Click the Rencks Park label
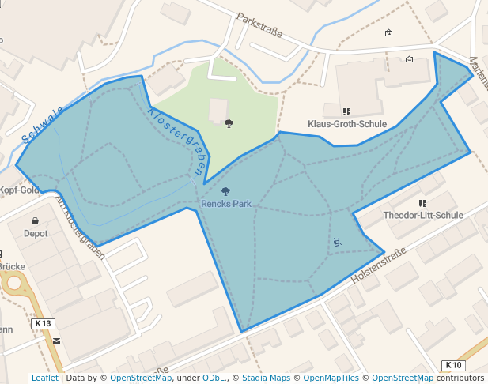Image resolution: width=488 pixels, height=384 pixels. [226, 204]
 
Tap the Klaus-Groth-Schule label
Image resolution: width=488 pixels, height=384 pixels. [346, 125]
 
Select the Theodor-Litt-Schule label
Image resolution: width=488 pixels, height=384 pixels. [422, 215]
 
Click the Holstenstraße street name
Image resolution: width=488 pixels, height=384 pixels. [377, 266]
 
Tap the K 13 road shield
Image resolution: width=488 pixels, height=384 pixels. [44, 323]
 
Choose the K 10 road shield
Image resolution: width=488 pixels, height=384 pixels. [453, 364]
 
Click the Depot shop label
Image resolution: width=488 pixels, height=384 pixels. [36, 234]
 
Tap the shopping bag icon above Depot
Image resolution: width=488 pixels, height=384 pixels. [36, 221]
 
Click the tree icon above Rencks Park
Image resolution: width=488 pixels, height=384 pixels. [226, 191]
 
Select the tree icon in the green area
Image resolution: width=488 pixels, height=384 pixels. [229, 123]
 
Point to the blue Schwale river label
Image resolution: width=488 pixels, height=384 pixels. [43, 125]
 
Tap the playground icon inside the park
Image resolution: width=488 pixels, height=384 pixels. [337, 242]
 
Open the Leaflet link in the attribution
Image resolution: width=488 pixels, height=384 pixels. [45, 378]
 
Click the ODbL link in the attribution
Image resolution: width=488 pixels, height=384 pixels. [213, 378]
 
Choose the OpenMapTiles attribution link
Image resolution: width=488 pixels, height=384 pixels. [331, 378]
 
